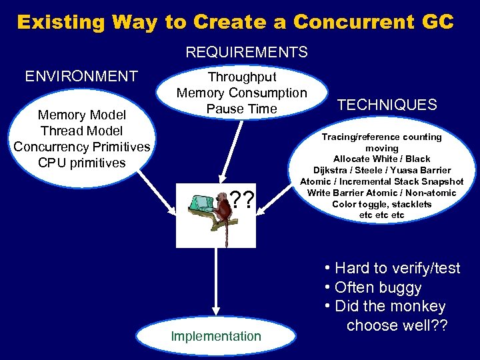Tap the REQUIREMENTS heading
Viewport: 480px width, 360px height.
coord(247,52)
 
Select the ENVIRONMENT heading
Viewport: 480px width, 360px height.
coord(81,76)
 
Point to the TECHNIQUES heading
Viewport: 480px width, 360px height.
coord(387,105)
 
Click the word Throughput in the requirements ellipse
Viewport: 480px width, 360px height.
coord(242,77)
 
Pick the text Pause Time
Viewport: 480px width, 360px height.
coord(241,109)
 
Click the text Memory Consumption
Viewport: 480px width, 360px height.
coord(242,93)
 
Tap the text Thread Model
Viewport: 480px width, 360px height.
coord(81,131)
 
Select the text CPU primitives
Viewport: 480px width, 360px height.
coord(81,162)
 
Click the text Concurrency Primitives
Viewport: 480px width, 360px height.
coord(81,147)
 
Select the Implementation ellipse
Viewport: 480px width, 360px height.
coord(216,336)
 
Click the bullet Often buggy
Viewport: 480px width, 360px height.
coord(378,287)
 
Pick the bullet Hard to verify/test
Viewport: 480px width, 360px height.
coord(397,268)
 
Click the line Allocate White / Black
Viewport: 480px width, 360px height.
coord(381,159)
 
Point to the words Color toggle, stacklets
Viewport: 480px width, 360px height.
coord(381,204)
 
